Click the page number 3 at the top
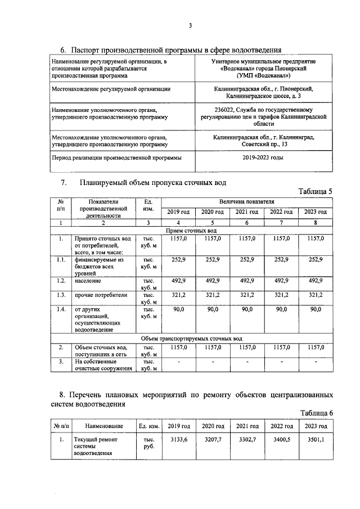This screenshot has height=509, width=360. [x=190, y=25]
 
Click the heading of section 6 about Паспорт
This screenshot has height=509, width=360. [x=171, y=49]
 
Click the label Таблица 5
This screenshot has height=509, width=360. [x=315, y=191]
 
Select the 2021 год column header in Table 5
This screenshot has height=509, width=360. [x=246, y=212]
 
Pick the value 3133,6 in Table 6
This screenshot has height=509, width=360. [x=178, y=440]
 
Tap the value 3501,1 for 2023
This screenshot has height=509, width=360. [x=316, y=440]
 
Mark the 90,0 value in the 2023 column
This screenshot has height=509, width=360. [x=316, y=309]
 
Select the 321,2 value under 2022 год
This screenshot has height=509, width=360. [x=281, y=295]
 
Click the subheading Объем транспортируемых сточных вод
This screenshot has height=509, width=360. [x=191, y=339]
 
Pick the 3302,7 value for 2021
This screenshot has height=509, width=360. [x=246, y=440]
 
